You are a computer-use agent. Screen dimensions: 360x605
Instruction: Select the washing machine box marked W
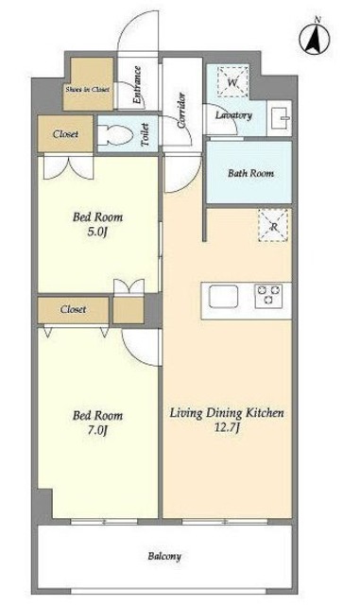[232, 82]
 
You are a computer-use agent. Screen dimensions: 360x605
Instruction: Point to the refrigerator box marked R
[273, 226]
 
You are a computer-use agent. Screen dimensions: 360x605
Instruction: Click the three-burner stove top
[269, 296]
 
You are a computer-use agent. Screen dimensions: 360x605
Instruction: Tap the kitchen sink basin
[223, 296]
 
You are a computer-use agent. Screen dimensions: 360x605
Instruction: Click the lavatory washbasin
[281, 118]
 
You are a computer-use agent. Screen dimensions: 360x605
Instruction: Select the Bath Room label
[250, 173]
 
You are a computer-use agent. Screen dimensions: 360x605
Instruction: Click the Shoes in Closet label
[88, 89]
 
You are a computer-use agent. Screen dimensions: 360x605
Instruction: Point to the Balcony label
[164, 557]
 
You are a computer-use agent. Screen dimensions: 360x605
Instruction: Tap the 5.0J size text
[96, 233]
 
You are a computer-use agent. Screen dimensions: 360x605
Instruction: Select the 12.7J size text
[228, 428]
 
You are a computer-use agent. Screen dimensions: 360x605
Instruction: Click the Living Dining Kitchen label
[228, 413]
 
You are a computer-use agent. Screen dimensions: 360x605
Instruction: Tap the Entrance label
[137, 85]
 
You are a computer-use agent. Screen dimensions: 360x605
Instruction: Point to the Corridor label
[181, 111]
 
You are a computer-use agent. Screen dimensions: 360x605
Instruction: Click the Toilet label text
[146, 134]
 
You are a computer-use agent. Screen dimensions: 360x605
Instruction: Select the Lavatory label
[233, 115]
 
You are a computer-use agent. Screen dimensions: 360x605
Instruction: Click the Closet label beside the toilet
[65, 134]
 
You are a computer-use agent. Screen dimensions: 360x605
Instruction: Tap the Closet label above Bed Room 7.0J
[73, 309]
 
